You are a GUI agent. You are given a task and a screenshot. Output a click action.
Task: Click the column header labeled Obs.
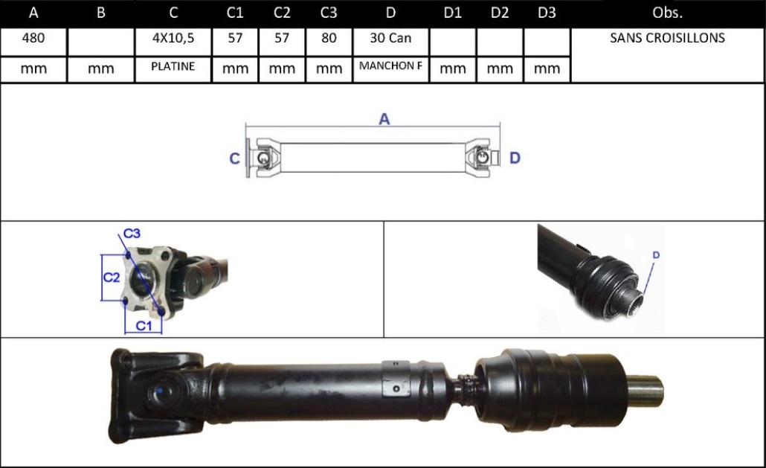click(x=667, y=13)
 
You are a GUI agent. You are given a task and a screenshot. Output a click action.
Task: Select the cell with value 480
click(x=33, y=38)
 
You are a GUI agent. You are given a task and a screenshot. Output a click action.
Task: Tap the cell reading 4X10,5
click(x=173, y=38)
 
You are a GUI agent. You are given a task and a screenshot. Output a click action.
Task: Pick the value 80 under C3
click(x=329, y=38)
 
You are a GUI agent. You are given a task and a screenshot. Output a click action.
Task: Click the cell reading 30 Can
click(x=390, y=38)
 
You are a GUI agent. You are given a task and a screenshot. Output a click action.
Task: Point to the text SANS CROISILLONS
click(x=667, y=38)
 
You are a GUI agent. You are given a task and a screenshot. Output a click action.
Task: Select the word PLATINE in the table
click(x=173, y=66)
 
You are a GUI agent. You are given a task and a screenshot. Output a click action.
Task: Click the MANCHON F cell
click(x=390, y=66)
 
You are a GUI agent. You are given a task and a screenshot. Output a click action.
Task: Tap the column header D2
click(x=500, y=13)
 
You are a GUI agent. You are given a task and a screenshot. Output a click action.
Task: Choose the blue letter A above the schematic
click(x=384, y=119)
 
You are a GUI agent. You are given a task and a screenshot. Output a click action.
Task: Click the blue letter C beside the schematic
click(x=234, y=158)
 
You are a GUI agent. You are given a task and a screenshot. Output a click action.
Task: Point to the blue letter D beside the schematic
click(x=515, y=158)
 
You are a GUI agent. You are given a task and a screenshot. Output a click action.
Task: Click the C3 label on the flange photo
click(x=132, y=234)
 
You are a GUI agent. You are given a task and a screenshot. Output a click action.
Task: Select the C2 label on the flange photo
click(x=112, y=278)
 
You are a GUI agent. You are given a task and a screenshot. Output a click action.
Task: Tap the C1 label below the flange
click(x=144, y=326)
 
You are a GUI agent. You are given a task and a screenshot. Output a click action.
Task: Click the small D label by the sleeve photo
click(x=656, y=255)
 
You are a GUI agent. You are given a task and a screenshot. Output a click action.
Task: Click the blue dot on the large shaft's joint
click(x=159, y=391)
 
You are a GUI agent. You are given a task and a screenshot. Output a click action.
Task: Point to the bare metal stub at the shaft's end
click(x=644, y=391)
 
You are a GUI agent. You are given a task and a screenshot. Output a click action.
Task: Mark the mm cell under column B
click(x=100, y=69)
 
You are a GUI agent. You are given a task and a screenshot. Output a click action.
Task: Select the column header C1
click(x=235, y=13)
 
